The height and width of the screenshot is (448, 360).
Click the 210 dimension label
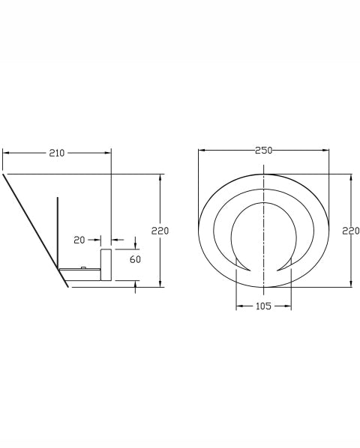click(x=57, y=153)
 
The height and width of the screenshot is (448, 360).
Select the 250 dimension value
click(x=264, y=151)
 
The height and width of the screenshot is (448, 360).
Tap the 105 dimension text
click(x=263, y=306)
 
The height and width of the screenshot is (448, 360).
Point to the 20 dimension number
click(x=79, y=240)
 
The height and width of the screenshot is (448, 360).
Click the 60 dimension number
click(x=135, y=259)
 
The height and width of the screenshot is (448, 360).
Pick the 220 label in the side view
click(x=160, y=231)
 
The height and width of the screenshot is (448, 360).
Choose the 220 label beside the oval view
click(x=351, y=231)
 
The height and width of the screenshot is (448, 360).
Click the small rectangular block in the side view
click(x=106, y=264)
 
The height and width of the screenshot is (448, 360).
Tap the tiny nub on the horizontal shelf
click(x=83, y=267)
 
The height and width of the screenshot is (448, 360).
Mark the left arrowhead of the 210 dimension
click(x=6, y=153)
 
